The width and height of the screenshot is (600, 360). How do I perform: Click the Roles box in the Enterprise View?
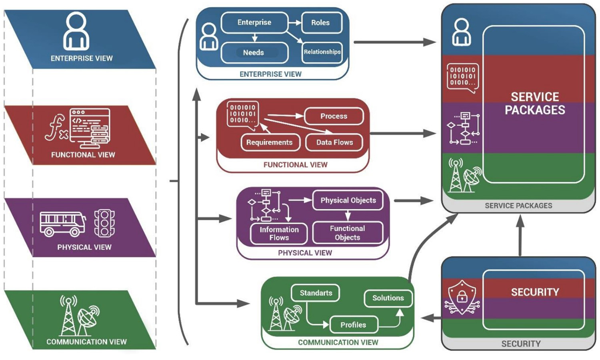(x=321, y=23)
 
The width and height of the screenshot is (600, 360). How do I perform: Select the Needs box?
(x=254, y=52)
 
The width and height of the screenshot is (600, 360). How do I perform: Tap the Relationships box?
(x=322, y=52)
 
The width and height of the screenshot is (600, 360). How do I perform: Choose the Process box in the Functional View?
(x=334, y=116)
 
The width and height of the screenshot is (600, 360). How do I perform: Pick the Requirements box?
(x=270, y=142)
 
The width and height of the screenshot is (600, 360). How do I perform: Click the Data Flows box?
(x=334, y=142)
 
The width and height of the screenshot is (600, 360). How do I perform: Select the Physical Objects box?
(x=348, y=200)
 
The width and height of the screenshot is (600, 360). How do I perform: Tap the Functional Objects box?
(x=347, y=233)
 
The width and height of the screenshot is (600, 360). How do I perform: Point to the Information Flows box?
(x=279, y=234)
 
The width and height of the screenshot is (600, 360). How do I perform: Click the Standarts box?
(x=316, y=293)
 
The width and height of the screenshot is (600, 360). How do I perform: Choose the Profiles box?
(x=353, y=325)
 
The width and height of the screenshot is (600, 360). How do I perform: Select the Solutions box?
(x=388, y=298)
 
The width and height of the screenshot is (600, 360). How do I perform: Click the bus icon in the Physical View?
(x=62, y=224)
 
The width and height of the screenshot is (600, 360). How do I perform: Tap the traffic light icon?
(x=104, y=223)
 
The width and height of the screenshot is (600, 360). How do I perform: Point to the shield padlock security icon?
(x=462, y=296)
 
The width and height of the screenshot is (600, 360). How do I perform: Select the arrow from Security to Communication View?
(x=431, y=318)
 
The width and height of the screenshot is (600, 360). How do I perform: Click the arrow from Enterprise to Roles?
(x=295, y=23)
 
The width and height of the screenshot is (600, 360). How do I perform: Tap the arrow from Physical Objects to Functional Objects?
(x=348, y=216)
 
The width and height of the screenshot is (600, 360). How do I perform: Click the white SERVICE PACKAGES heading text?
(x=535, y=104)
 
